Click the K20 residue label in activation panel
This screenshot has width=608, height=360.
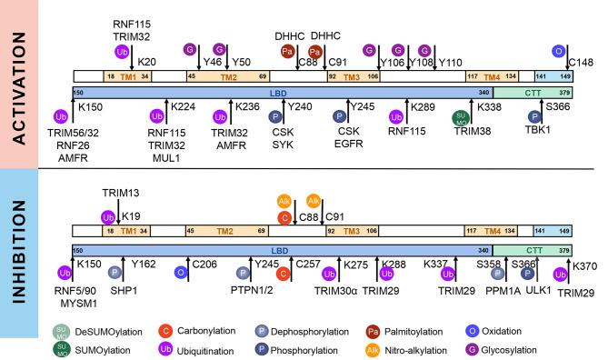(147, 62)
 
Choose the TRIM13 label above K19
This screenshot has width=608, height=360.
(120, 193)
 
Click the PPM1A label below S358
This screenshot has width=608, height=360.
(503, 292)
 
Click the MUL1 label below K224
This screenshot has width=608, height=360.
(166, 157)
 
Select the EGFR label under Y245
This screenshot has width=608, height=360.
(350, 144)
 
